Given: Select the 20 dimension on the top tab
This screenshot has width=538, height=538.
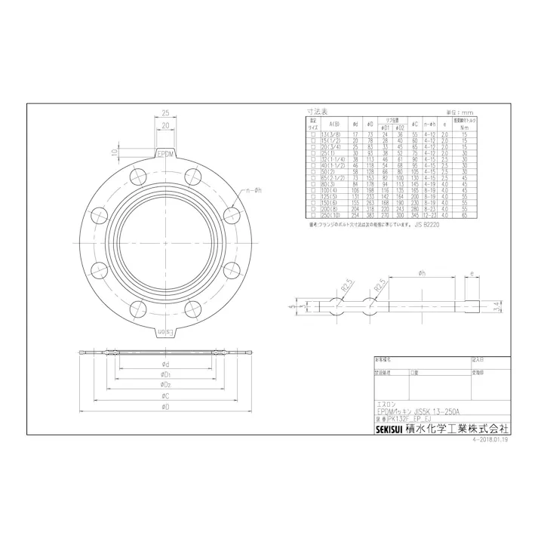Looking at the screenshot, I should coord(164,128).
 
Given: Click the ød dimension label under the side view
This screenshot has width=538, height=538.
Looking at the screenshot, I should coord(164,364).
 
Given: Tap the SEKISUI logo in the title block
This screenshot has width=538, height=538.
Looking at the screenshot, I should coord(393,427).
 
